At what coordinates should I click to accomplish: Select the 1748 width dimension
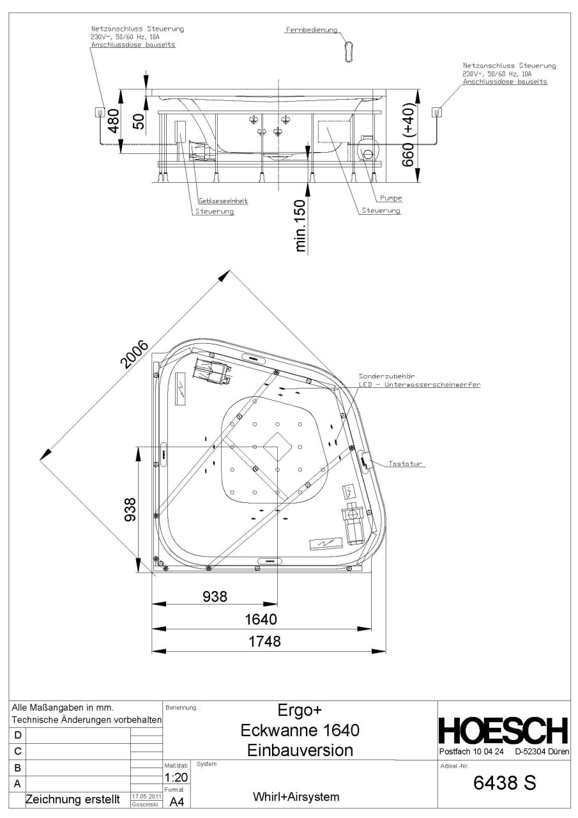pyautogui.click(x=264, y=642)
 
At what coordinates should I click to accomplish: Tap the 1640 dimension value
pyautogui.click(x=264, y=619)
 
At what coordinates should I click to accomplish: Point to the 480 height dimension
pyautogui.click(x=112, y=120)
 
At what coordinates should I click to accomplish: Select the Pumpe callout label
pyautogui.click(x=390, y=198)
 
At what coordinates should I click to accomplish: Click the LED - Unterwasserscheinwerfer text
pyautogui.click(x=420, y=385)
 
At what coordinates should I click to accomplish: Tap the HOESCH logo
pyautogui.click(x=503, y=729)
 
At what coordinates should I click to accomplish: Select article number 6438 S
pyautogui.click(x=503, y=783)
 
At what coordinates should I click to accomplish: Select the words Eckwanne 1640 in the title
pyautogui.click(x=300, y=729)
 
